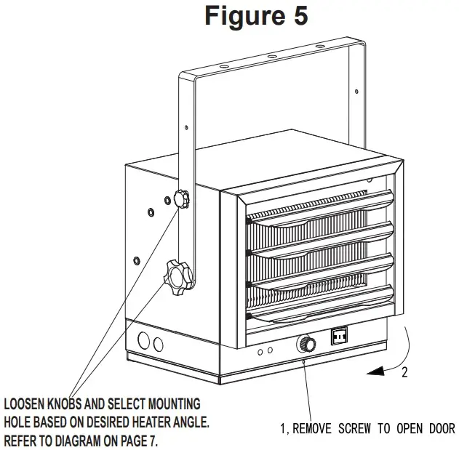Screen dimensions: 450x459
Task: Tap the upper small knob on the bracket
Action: coord(181,197)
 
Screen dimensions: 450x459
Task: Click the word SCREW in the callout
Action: coord(353,428)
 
